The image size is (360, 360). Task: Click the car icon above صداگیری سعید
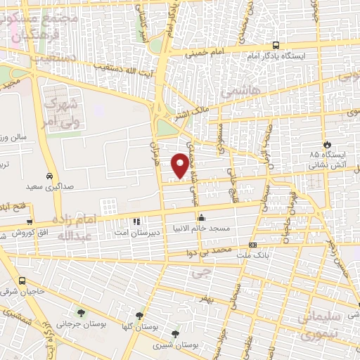[x=48, y=176]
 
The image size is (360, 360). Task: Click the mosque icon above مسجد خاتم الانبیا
[x=202, y=217]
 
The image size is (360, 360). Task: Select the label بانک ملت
[x=253, y=256]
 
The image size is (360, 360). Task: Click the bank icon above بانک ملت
[x=253, y=245]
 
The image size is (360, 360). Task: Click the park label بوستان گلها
[x=138, y=327]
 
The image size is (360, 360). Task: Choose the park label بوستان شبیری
[x=174, y=345]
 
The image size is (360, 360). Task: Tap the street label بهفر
[x=204, y=300]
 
